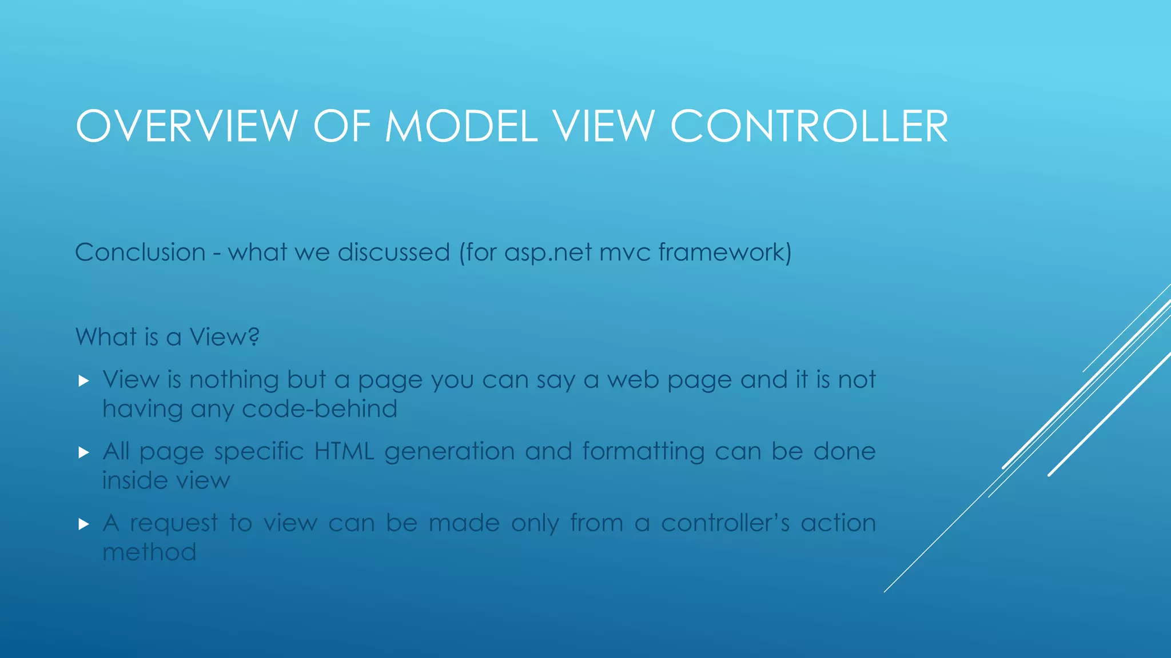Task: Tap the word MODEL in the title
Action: click(461, 126)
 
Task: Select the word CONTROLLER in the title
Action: click(809, 126)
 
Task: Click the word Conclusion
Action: click(140, 252)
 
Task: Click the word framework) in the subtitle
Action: click(725, 252)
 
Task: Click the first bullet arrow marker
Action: click(84, 381)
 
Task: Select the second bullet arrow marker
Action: click(84, 453)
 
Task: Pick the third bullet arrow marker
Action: click(84, 524)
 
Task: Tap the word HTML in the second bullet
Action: click(344, 451)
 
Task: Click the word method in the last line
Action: click(149, 552)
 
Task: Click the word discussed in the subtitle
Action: click(393, 252)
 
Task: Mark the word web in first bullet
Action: click(633, 380)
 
